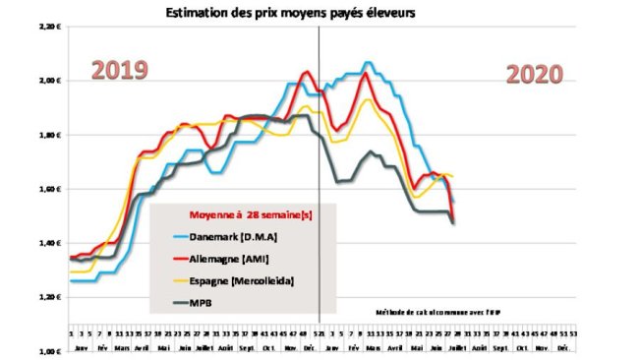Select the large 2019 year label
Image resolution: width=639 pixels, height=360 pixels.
coord(120,71)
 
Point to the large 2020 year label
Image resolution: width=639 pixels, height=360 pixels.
coord(535,75)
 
